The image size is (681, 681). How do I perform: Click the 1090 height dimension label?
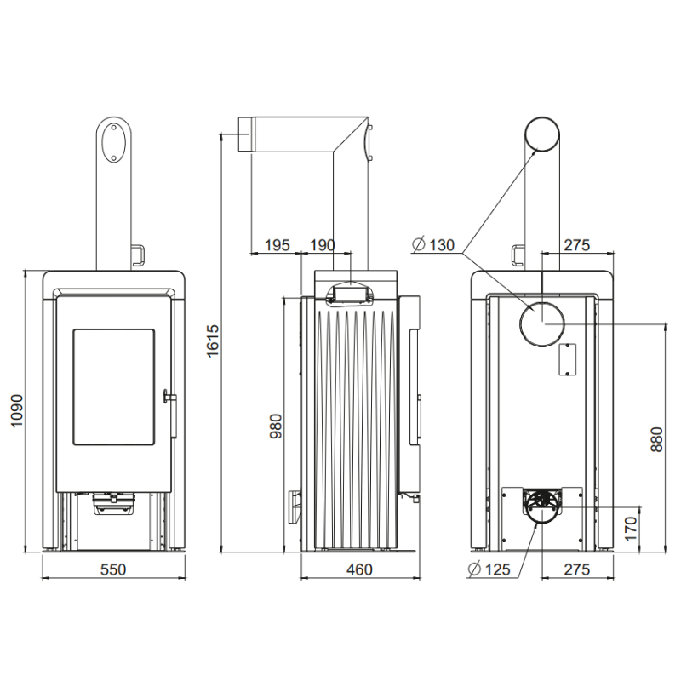coord(16,410)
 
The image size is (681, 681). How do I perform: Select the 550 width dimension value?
coord(113,569)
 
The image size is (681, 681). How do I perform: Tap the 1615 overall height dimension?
coord(213,341)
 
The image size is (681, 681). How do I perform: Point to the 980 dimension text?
coord(276,426)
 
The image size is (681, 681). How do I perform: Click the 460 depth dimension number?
coord(359,569)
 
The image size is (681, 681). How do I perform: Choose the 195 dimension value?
coord(278,245)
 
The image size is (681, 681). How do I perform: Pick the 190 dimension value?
coord(323,245)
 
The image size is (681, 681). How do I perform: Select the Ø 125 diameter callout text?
coord(489,569)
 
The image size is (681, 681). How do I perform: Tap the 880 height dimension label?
coord(656,439)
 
